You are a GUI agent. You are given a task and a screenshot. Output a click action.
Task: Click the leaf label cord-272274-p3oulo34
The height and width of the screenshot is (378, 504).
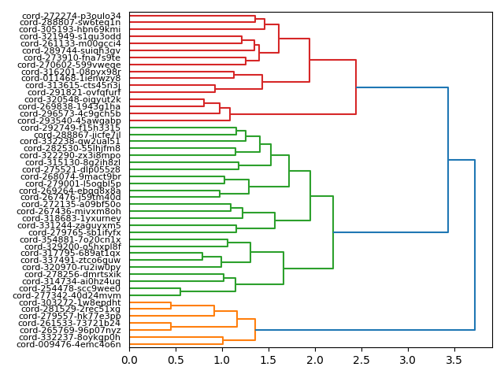tap(72, 16)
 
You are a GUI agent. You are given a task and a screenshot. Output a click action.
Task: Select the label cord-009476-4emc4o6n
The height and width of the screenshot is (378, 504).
tap(69, 344)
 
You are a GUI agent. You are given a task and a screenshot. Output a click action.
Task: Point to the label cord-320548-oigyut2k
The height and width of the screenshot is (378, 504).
tap(72, 99)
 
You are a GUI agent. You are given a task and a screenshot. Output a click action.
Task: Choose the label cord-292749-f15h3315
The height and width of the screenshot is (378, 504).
tap(72, 128)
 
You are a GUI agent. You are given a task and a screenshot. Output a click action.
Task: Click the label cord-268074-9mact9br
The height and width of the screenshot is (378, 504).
tap(72, 176)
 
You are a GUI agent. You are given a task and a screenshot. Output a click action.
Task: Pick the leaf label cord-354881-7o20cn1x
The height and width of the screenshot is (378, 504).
tap(72, 239)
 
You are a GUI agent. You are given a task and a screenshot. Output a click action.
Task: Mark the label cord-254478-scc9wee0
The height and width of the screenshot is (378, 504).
tap(72, 288)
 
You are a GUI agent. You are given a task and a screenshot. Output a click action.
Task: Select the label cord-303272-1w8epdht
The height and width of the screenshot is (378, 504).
tap(70, 302)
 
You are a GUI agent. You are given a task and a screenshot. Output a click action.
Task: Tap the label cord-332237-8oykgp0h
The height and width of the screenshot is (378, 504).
tap(71, 337)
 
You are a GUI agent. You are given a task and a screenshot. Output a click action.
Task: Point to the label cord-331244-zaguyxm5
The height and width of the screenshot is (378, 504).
tap(71, 225)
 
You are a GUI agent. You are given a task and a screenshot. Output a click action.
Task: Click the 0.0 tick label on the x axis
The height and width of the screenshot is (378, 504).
tap(129, 360)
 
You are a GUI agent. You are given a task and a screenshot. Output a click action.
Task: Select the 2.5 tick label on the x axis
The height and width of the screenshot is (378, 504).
tap(361, 360)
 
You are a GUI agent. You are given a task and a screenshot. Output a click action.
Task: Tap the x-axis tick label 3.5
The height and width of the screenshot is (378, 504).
tap(454, 360)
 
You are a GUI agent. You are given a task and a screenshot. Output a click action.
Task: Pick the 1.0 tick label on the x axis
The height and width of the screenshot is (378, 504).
tap(222, 360)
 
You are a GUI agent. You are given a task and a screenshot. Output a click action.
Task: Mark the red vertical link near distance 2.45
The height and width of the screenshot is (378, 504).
tap(356, 87)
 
